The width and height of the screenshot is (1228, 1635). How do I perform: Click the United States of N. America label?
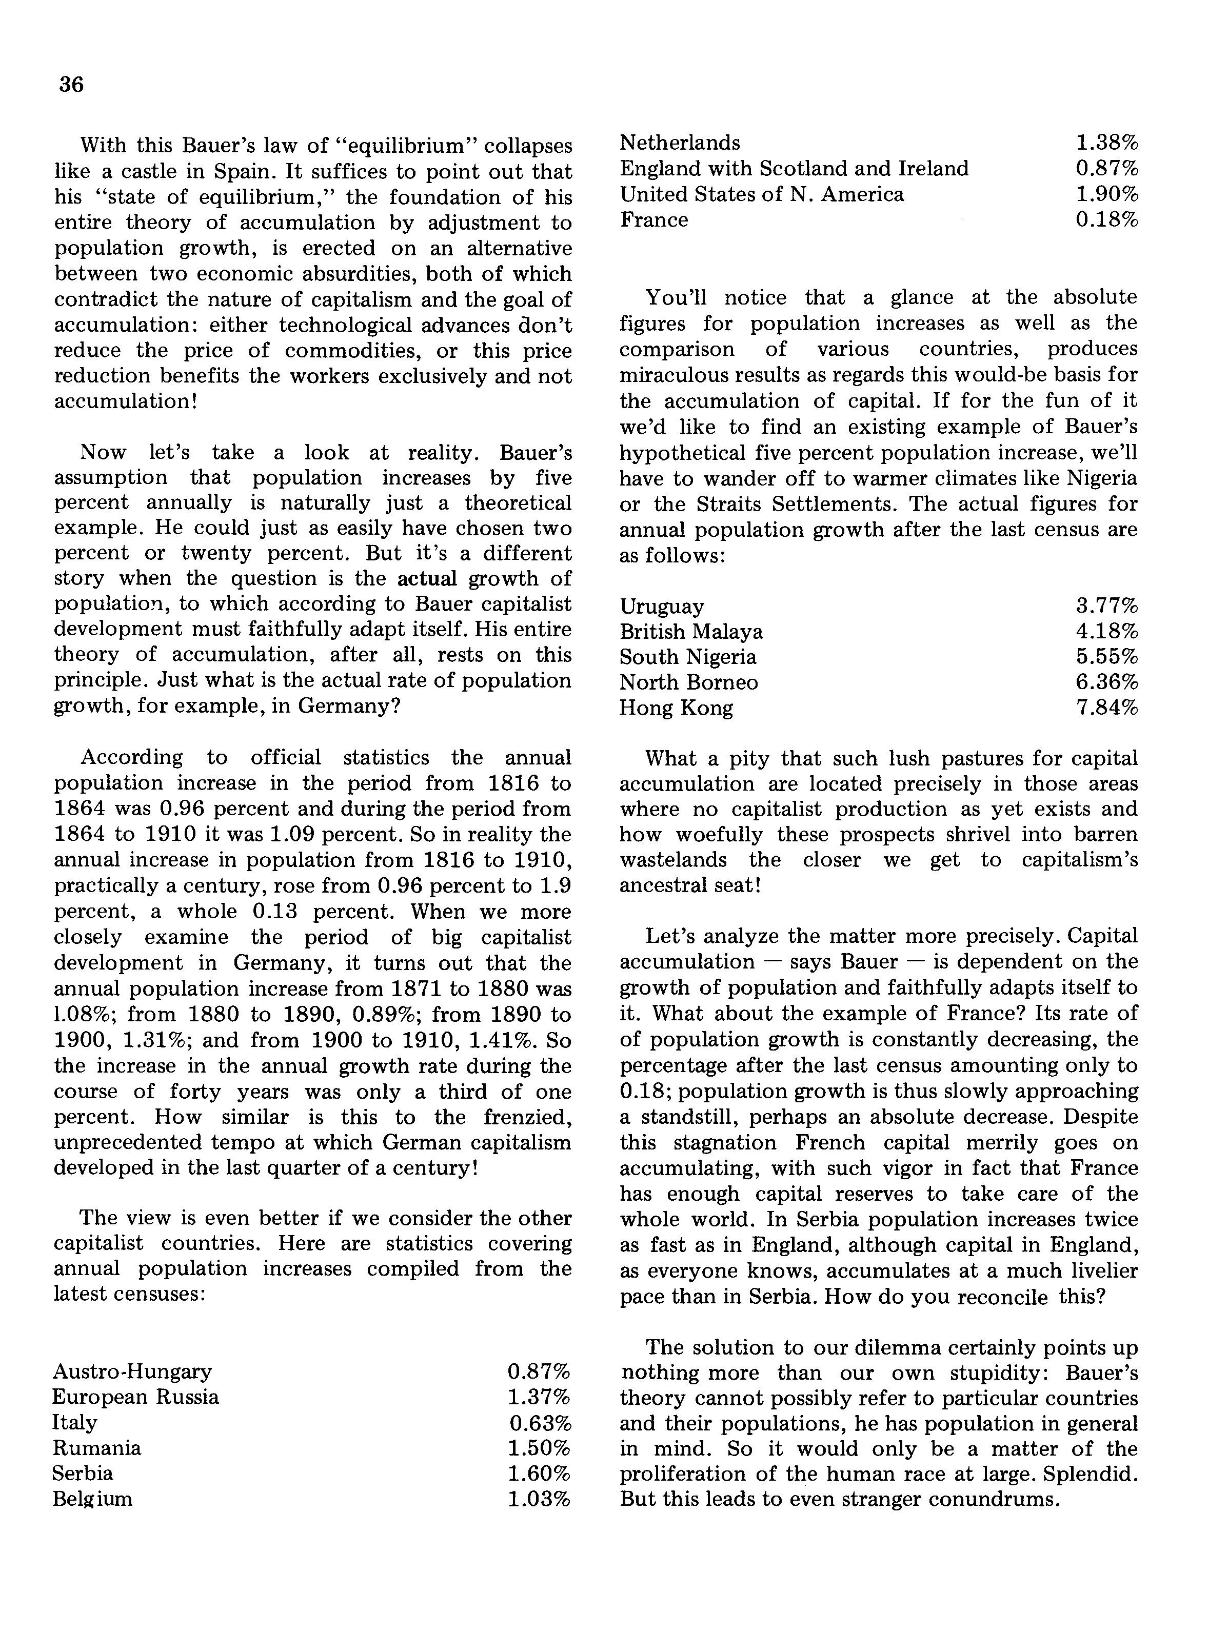click(762, 194)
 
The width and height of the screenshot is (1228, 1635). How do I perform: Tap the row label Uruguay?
click(662, 607)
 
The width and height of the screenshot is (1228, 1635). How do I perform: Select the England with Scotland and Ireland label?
click(794, 169)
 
